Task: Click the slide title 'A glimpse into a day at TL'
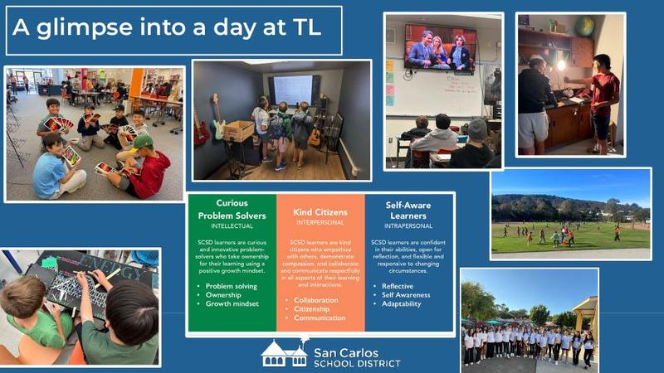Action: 166,28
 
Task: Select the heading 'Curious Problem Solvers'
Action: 232,209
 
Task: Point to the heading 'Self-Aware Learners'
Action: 408,209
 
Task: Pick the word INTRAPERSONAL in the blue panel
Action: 408,225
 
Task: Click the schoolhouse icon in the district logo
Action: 284,354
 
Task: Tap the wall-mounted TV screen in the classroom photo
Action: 440,48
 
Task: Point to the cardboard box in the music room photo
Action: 239,130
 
